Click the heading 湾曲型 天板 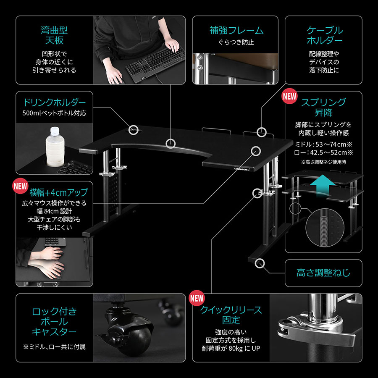click(54, 35)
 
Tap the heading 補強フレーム click(236, 30)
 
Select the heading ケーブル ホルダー click(324, 35)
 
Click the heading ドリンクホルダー click(54, 102)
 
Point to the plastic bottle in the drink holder click(55, 147)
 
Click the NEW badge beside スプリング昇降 click(289, 96)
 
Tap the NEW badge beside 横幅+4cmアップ click(20, 186)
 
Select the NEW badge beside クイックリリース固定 click(197, 298)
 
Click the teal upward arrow click(323, 185)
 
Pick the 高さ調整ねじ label click(323, 273)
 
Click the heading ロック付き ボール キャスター click(54, 322)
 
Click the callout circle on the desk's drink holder click(133, 130)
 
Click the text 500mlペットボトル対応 click(54, 113)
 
